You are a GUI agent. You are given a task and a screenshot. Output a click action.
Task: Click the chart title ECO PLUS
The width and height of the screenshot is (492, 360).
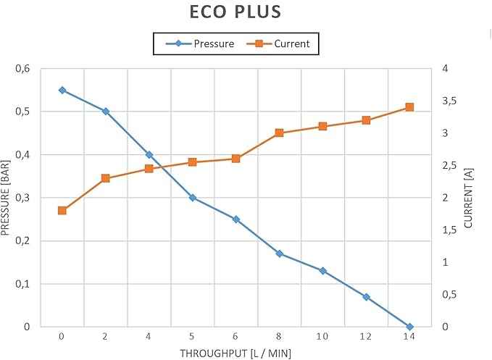[235, 12]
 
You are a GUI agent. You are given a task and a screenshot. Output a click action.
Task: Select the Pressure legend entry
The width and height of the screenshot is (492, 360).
[200, 43]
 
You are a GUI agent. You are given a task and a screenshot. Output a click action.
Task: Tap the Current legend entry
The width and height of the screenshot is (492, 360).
[278, 43]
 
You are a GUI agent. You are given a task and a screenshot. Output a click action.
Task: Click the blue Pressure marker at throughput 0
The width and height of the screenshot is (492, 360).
[62, 91]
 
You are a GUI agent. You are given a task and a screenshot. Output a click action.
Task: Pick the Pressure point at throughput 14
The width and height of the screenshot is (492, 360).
[409, 327]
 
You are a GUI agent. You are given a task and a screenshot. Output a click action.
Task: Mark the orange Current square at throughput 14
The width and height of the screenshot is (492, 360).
[409, 107]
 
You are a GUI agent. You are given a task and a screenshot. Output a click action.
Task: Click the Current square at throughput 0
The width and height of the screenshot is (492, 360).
[62, 210]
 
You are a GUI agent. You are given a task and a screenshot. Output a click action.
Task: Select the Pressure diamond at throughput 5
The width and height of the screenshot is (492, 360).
[192, 198]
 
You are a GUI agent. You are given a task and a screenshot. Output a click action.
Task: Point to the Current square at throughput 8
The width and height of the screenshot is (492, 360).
[279, 133]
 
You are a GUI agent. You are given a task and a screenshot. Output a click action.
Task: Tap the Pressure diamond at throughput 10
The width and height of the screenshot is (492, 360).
[322, 271]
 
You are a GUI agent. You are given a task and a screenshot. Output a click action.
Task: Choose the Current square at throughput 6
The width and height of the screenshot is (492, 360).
[236, 159]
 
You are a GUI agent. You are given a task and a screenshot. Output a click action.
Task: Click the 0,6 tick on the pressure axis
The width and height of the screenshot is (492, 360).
[22, 68]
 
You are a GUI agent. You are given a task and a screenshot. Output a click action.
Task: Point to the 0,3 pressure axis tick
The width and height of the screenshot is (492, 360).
[22, 198]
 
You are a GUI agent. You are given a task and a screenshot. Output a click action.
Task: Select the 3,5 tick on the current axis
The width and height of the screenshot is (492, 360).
[449, 101]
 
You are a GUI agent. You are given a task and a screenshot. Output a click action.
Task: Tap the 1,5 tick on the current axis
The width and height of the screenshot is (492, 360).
[449, 230]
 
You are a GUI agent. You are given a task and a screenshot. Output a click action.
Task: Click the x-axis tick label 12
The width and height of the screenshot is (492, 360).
[366, 337]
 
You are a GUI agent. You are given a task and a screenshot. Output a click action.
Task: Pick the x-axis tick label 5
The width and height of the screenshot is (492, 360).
[192, 337]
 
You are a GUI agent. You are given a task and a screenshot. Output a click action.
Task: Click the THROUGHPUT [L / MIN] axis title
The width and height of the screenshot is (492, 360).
[235, 353]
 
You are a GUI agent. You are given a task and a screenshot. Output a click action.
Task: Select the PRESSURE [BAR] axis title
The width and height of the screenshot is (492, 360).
[5, 198]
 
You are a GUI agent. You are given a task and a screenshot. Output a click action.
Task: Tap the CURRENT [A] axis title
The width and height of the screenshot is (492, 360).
[468, 198]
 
